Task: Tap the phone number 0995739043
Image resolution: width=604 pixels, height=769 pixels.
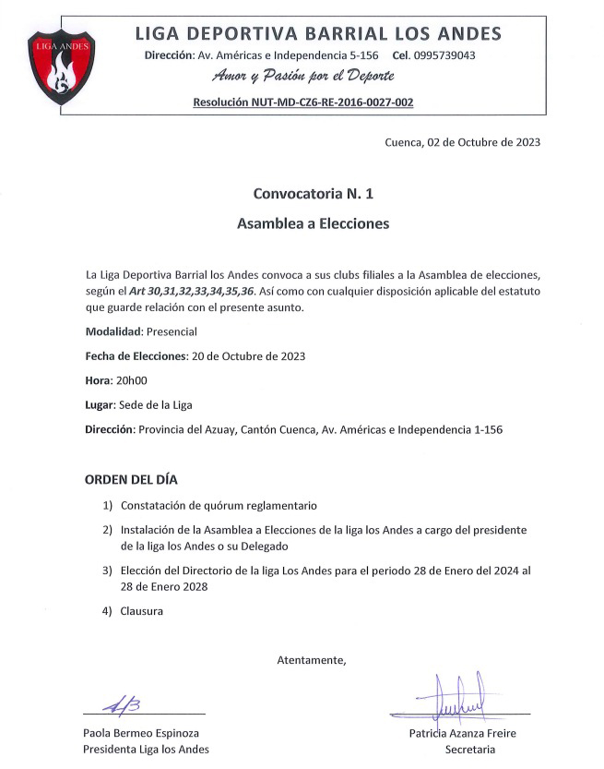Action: [x=446, y=55]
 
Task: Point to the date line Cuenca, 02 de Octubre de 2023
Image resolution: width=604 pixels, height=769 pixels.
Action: [x=462, y=142]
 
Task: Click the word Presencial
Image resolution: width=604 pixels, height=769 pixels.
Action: [x=172, y=331]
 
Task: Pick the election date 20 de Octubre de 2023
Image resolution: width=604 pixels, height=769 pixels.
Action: [x=247, y=355]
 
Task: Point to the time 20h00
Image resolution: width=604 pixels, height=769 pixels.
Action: [x=129, y=380]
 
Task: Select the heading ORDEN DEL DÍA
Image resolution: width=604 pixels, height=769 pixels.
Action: [x=131, y=480]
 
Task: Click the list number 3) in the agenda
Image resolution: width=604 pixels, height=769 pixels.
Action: [x=108, y=571]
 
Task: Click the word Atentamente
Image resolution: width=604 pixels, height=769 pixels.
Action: [x=312, y=660]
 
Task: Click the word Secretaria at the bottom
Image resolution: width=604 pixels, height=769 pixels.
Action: [x=470, y=750]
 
